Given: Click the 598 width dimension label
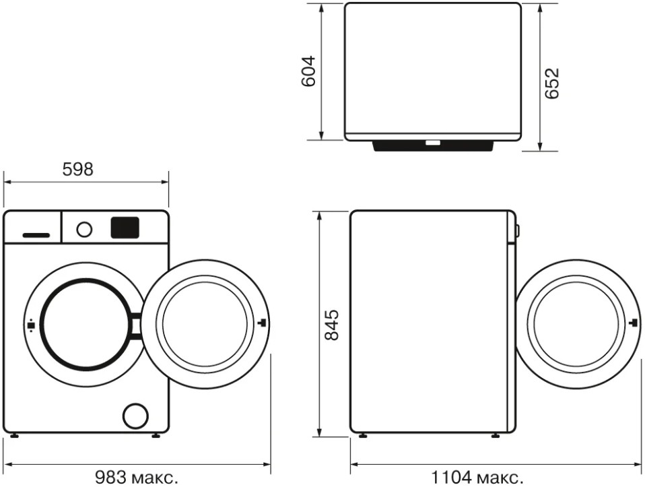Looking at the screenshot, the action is point(78,169).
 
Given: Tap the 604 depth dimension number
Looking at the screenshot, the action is point(308,71).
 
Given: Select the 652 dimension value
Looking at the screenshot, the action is point(551,83).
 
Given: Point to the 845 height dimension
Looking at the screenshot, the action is point(331,325).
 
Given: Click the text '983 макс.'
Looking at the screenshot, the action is point(137,478).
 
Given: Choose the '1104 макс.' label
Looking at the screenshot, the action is point(477,478).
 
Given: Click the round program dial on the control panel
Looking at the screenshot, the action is point(84,229).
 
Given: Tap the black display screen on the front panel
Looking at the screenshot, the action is point(125,227).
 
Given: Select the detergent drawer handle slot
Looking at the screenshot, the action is point(36,235).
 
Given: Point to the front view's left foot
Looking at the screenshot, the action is point(13,436).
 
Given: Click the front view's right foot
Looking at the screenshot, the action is point(156,436).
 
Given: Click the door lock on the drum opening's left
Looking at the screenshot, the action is point(30,325).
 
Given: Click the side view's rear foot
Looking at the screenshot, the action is point(363,436).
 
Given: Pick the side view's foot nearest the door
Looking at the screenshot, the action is point(496,436).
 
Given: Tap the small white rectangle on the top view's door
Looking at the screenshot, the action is point(433,143).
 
